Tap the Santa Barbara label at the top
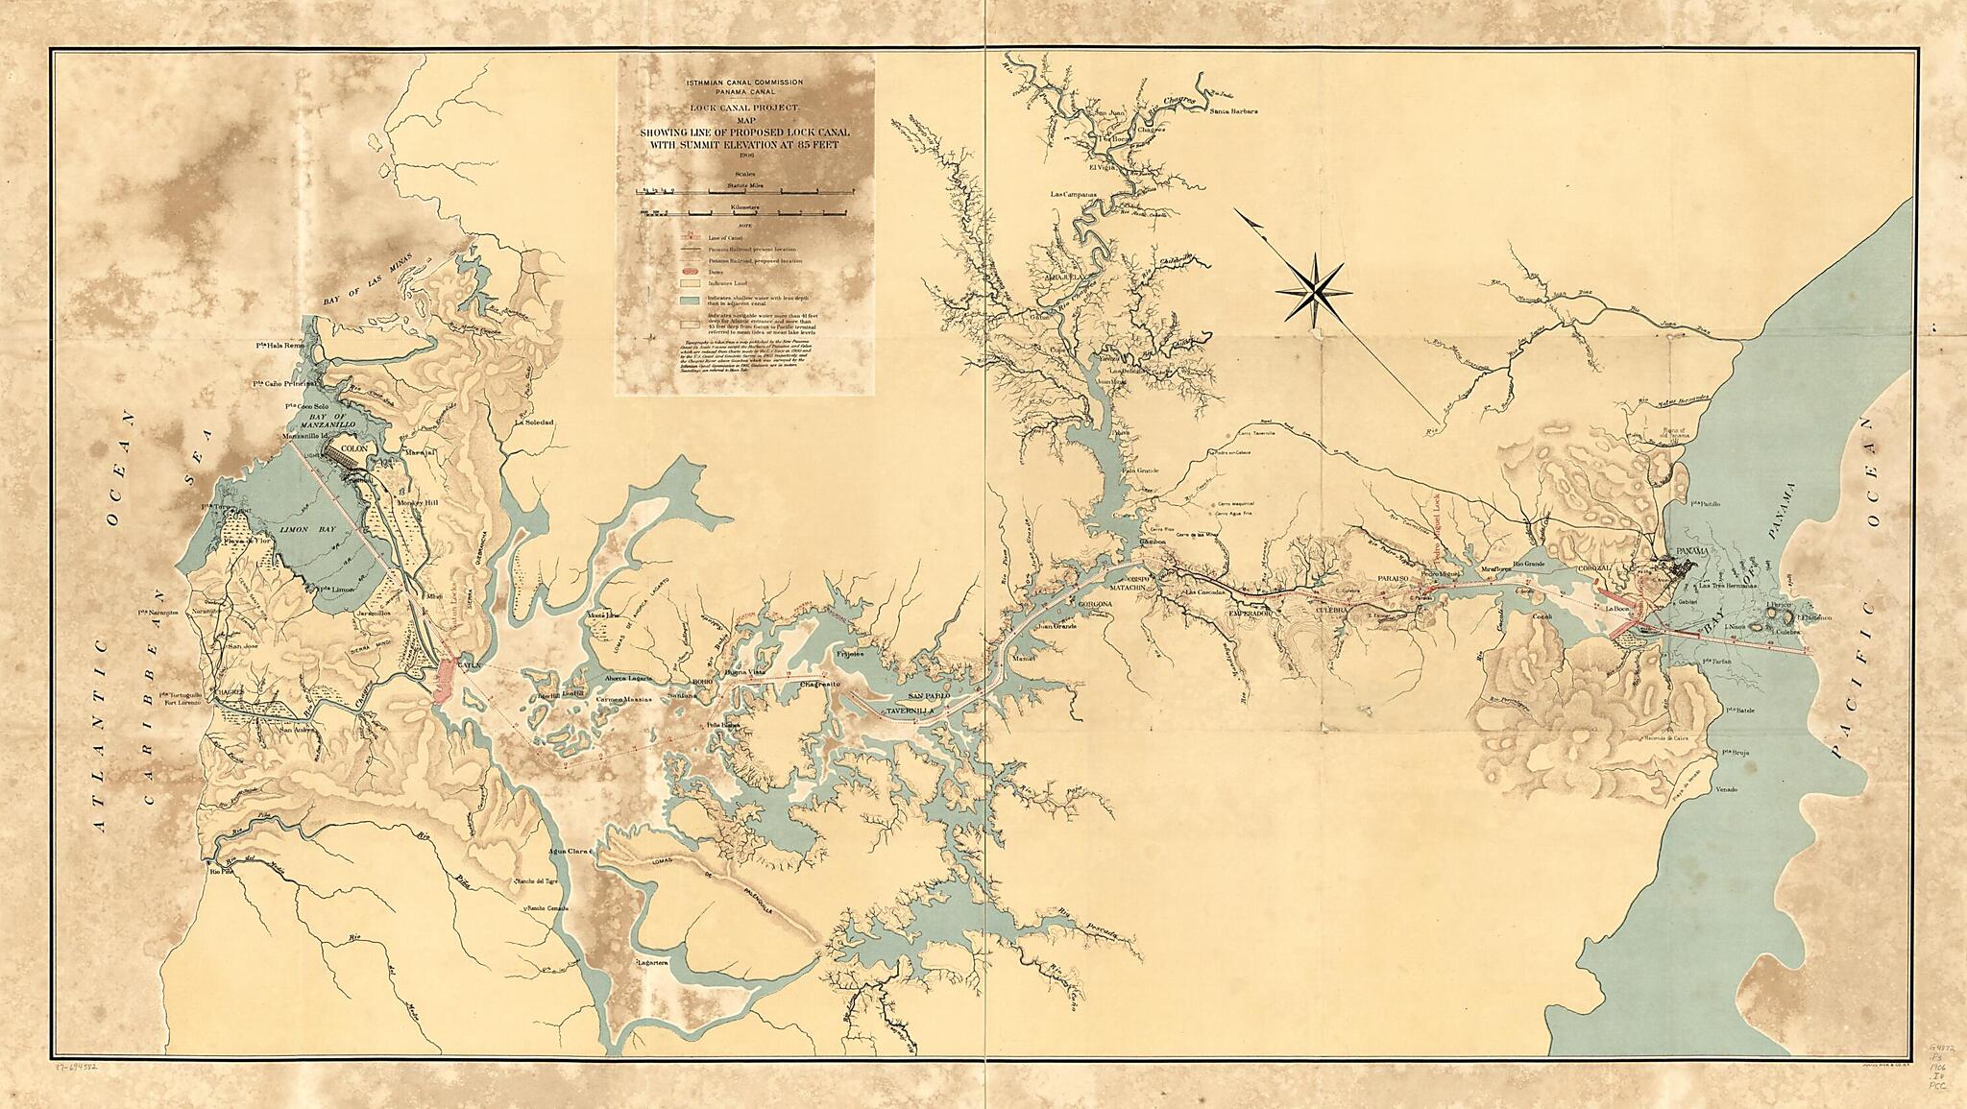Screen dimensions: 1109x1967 coord(1233,111)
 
